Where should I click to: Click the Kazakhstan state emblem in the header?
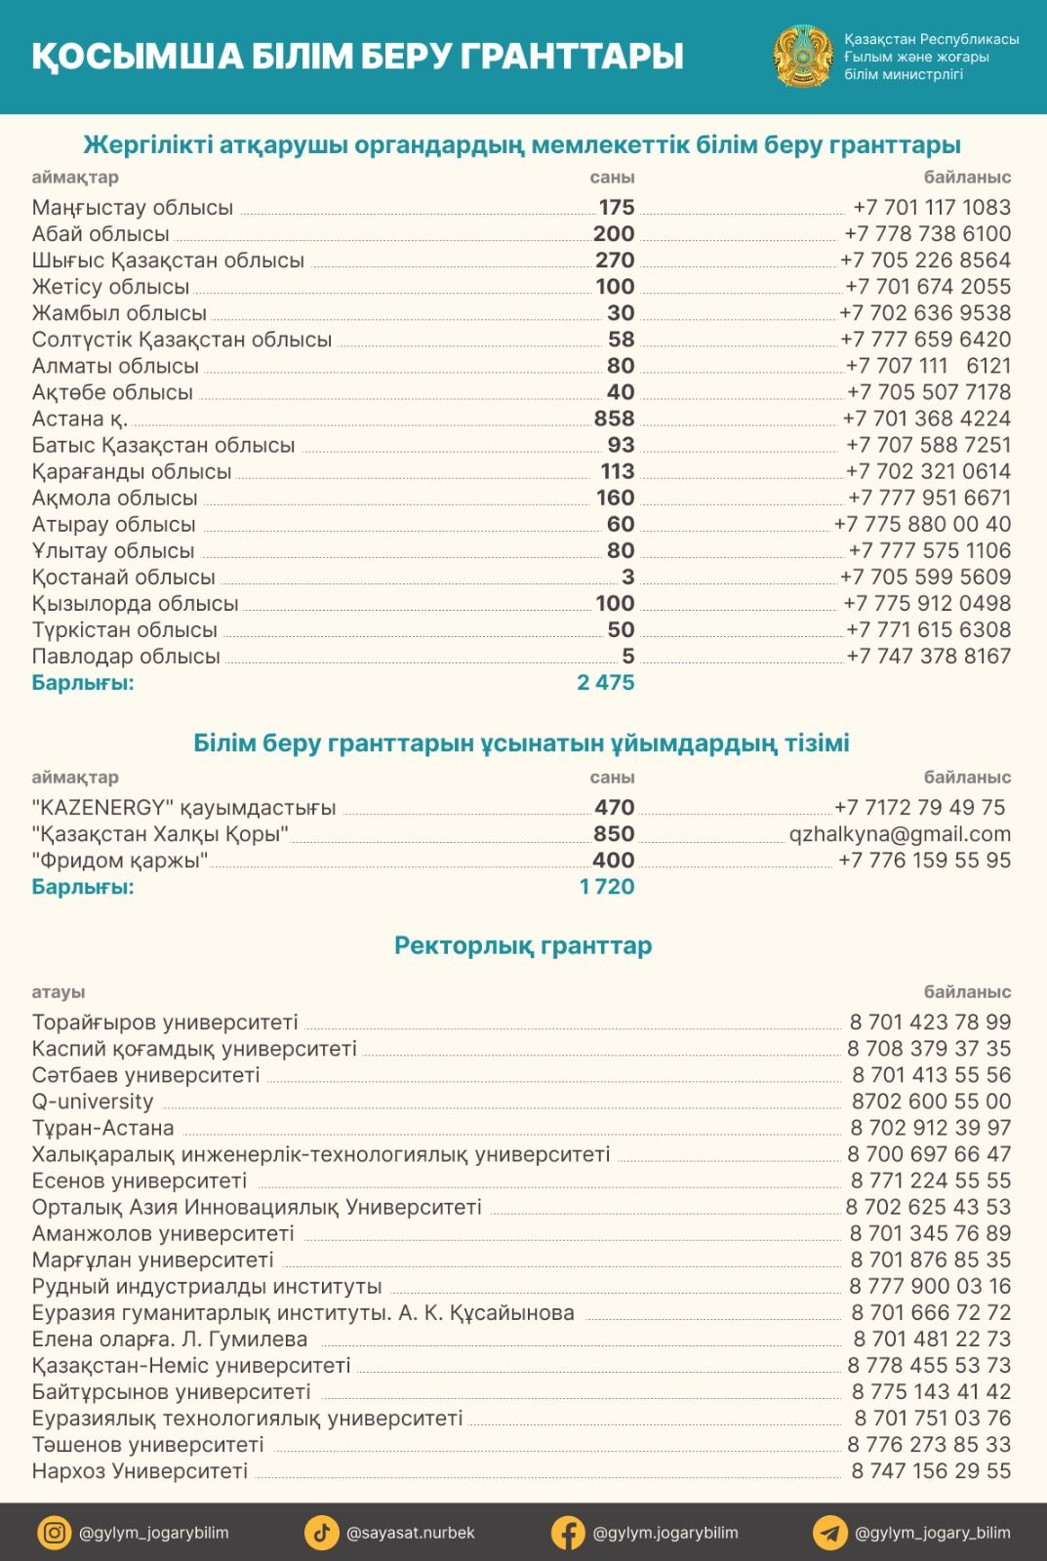coord(802,56)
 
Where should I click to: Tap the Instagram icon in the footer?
coord(55,1533)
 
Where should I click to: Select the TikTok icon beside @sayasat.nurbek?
coord(321,1533)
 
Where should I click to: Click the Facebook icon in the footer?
coord(567,1533)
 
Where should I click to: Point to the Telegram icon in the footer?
coord(829,1533)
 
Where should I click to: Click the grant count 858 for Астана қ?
coord(614,419)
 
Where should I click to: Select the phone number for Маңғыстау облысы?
coord(932,207)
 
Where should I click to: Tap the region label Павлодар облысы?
coord(126,657)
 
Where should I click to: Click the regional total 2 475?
coord(605,683)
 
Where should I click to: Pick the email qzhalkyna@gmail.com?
coord(900,834)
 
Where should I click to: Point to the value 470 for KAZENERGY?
coord(614,808)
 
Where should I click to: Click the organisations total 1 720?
coord(606,887)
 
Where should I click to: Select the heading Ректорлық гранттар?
coord(523,945)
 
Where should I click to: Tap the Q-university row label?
coord(93,1101)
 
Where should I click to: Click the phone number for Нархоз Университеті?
coord(931,1471)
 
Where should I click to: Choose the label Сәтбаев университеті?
coord(145,1075)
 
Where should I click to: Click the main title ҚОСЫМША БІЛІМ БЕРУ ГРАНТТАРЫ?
coord(357,56)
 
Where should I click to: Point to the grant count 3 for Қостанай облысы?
coord(627,578)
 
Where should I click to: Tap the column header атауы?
coord(59,992)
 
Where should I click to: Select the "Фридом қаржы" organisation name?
coord(120,861)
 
